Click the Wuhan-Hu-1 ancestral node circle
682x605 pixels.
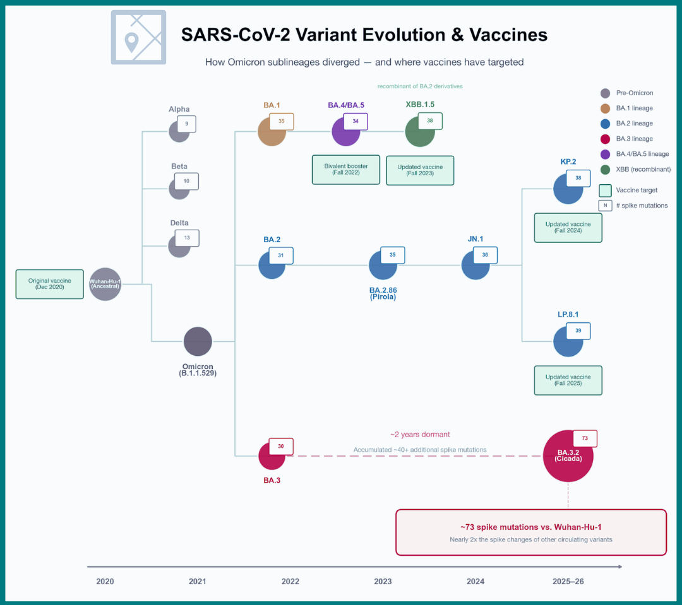(x=105, y=285)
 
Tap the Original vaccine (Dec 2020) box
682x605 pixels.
(x=50, y=285)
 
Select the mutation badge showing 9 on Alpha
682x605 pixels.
(x=186, y=124)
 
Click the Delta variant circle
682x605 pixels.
(x=179, y=247)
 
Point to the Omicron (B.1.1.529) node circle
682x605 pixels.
(x=198, y=341)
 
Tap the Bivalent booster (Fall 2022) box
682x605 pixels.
(x=346, y=170)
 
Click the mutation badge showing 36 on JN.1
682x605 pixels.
(x=485, y=255)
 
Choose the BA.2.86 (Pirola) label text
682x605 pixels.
(x=383, y=293)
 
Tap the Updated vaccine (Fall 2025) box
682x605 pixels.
(x=568, y=380)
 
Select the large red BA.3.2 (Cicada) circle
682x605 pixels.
(x=568, y=456)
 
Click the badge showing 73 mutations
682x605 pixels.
(x=585, y=438)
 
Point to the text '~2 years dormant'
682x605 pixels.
(x=420, y=435)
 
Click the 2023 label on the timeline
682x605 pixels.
(x=383, y=582)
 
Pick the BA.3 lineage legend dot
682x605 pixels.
(x=606, y=139)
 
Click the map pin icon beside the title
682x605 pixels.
(x=131, y=42)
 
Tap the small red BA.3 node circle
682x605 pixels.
(x=272, y=456)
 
